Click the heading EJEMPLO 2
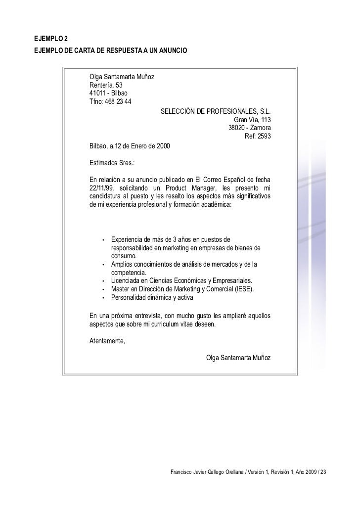(52, 39)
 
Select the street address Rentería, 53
(105, 86)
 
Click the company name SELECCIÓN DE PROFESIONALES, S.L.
(216, 111)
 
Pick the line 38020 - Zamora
(249, 128)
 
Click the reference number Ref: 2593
(258, 136)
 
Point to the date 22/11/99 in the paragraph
(101, 187)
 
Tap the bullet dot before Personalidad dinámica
(103, 298)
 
